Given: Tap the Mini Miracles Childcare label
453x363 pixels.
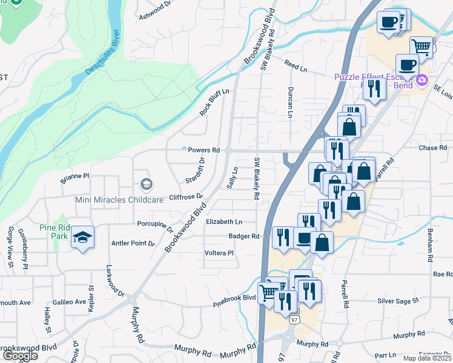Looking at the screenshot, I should [x=110, y=200].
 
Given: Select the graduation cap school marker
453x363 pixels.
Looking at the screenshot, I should [x=81, y=237].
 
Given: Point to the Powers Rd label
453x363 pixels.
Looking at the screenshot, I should [x=203, y=149].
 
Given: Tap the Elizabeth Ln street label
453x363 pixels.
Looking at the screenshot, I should [x=224, y=222].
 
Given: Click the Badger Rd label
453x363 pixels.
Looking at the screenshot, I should [x=244, y=236].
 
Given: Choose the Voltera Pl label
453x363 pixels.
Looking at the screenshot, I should [x=219, y=253].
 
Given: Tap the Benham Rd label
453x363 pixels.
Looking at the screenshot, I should [x=430, y=249].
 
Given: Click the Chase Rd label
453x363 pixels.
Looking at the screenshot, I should [x=432, y=148].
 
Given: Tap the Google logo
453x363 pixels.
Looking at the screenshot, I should [x=19, y=356].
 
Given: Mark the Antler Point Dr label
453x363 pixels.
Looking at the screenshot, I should [x=133, y=244].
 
